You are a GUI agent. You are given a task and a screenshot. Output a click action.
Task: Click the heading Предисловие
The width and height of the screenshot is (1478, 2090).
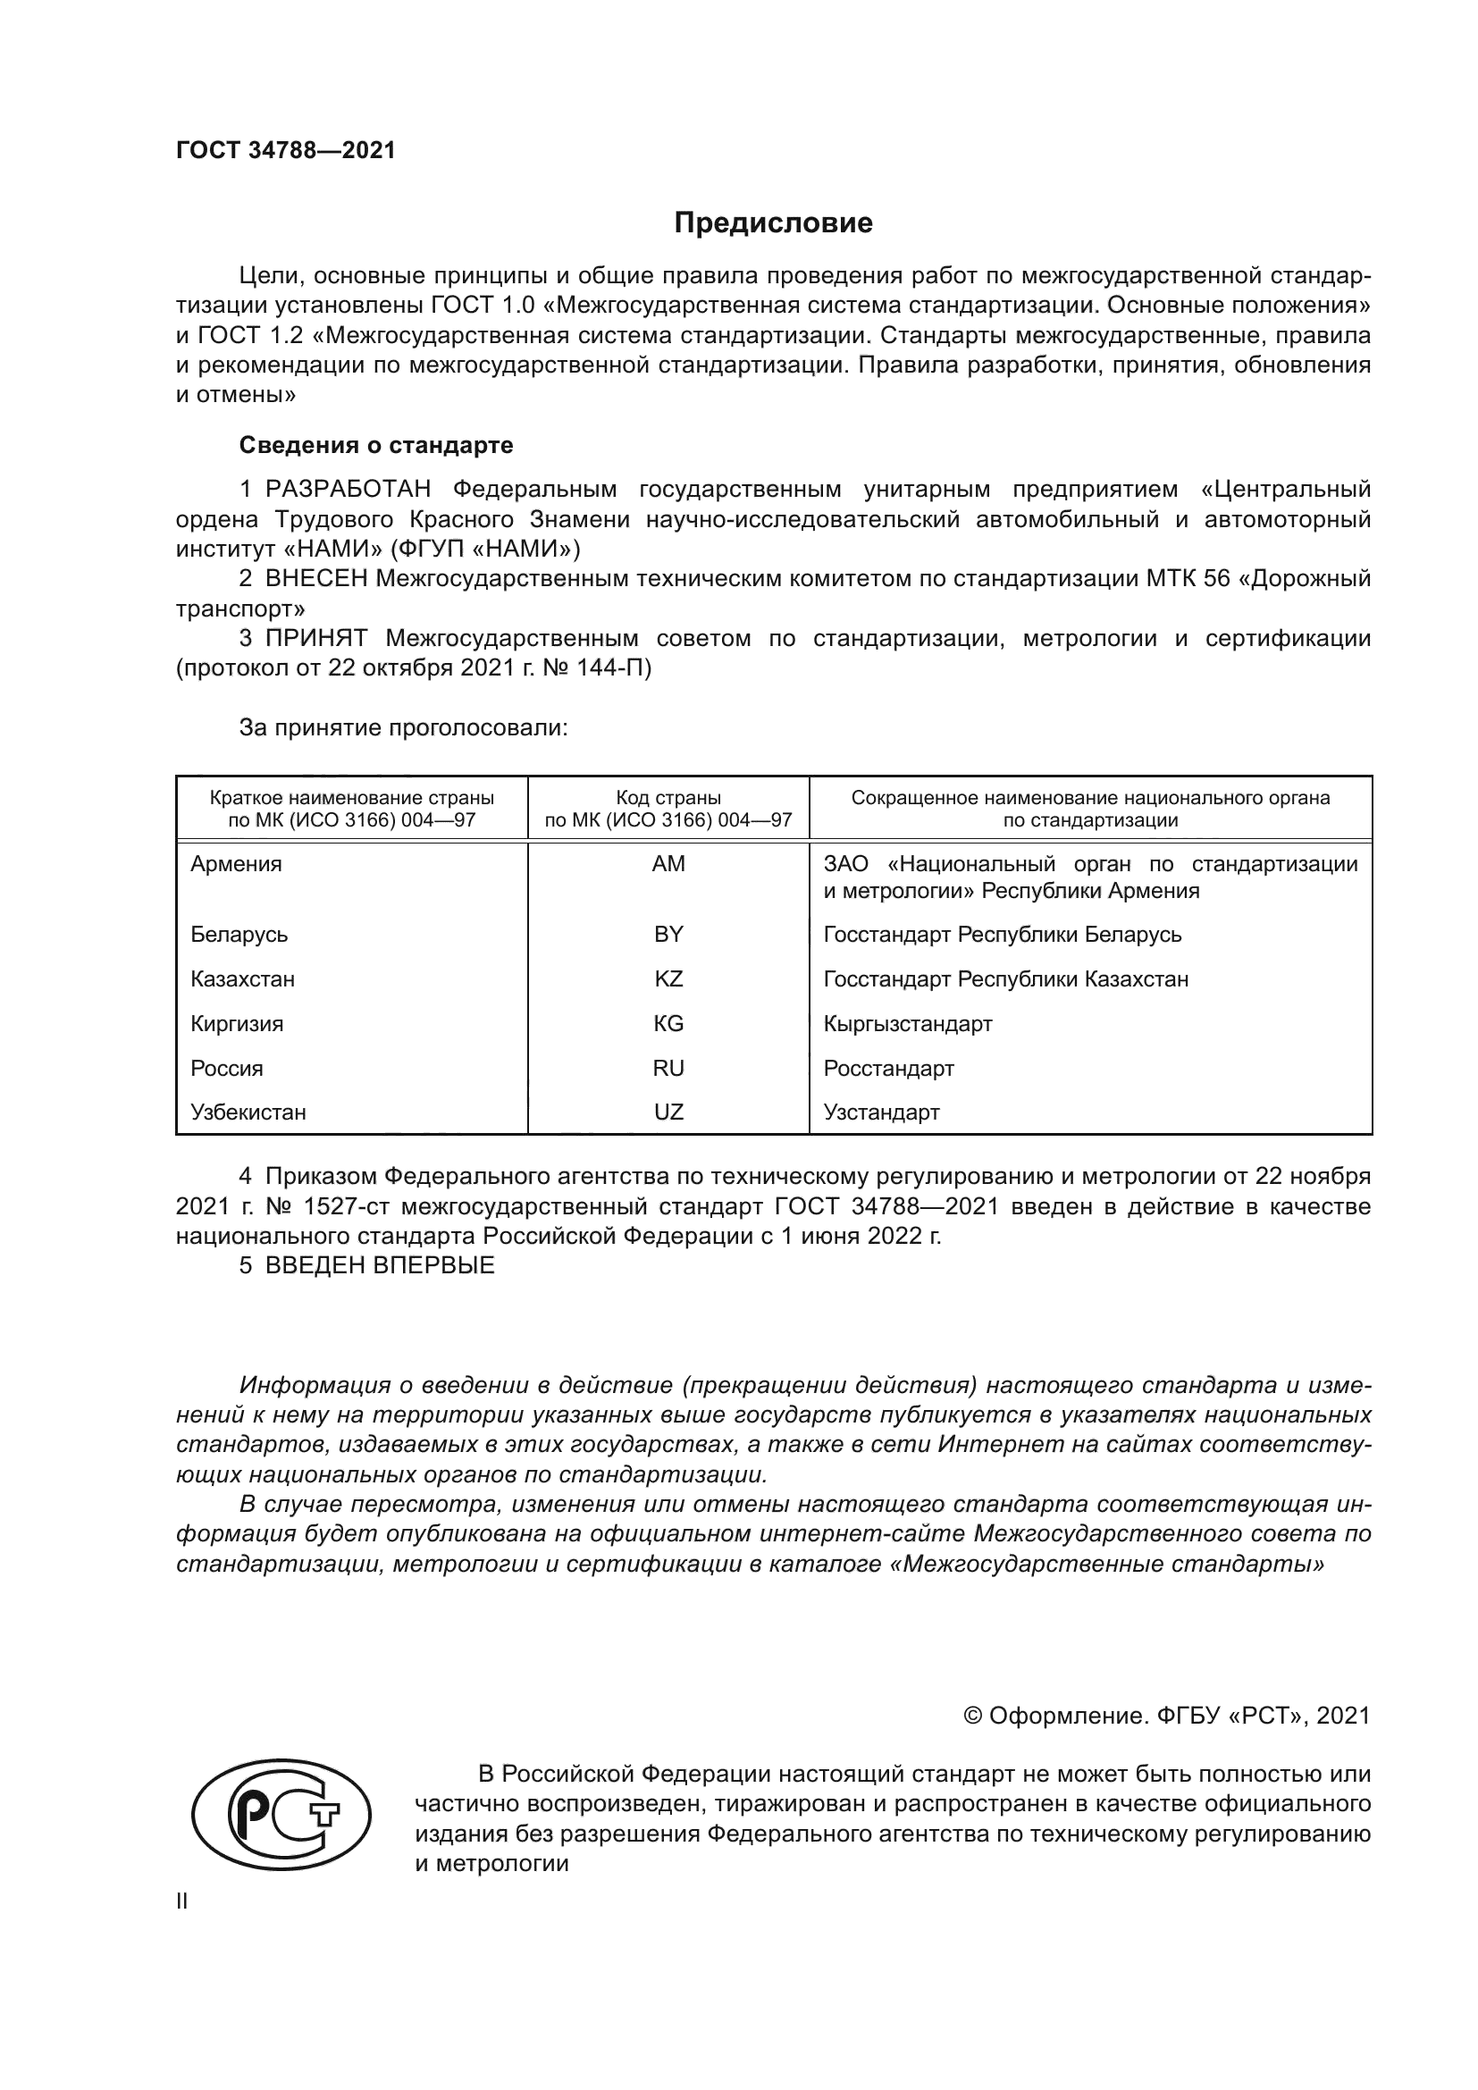tap(773, 223)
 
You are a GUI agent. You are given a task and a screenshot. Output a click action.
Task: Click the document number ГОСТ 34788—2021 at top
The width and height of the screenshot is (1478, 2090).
tap(286, 151)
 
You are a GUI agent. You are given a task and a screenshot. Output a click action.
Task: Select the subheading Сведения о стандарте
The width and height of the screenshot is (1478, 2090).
tap(376, 445)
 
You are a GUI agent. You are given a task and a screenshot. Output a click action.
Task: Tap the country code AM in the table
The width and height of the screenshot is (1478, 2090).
tap(668, 864)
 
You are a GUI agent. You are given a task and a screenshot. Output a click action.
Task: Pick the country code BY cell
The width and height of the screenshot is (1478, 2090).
tap(668, 935)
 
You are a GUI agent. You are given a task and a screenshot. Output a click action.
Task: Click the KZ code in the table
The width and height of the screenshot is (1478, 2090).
tap(668, 979)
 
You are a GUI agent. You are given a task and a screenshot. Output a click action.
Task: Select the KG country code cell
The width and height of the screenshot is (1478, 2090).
tap(668, 1024)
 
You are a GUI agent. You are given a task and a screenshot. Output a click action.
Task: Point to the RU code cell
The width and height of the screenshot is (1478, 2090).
tap(668, 1069)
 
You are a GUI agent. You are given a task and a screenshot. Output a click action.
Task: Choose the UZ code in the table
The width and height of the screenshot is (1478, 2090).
tap(668, 1112)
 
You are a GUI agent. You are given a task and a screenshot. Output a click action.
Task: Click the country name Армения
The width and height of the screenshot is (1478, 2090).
tap(237, 864)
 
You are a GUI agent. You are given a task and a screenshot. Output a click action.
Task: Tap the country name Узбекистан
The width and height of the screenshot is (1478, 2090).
tap(248, 1112)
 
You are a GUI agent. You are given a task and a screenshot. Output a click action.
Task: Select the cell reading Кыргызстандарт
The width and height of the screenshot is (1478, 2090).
tap(907, 1024)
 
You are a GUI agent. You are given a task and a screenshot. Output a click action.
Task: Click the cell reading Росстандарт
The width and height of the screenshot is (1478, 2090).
tap(888, 1069)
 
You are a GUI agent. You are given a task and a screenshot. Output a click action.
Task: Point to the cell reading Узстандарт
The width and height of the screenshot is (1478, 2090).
tap(881, 1112)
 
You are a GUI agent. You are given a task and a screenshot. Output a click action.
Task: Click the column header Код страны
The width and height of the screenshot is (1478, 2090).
tap(668, 798)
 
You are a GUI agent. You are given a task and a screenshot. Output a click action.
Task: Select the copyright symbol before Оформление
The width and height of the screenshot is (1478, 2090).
tap(972, 1716)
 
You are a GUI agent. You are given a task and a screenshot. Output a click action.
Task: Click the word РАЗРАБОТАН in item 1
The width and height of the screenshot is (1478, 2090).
tap(348, 490)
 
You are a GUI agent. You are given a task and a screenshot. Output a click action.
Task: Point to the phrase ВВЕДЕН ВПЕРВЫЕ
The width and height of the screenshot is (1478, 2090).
tap(380, 1265)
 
